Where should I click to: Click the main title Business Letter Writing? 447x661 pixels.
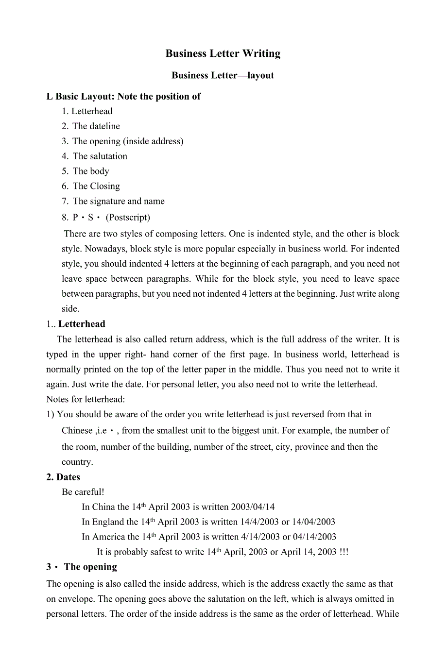223,53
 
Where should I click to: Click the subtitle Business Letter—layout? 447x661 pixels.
223,75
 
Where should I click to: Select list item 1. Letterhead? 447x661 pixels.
87,111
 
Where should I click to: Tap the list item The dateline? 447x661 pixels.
96,126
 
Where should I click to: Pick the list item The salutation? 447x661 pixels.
100,156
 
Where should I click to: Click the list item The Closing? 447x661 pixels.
96,186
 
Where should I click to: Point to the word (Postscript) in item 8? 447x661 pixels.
128,217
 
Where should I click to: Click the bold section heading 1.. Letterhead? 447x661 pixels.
76,324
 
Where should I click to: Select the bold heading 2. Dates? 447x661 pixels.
63,477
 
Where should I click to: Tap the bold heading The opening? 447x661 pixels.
90,567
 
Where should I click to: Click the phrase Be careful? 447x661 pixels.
83,492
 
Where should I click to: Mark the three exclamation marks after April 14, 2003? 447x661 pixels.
344,552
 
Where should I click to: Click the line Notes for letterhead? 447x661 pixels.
86,399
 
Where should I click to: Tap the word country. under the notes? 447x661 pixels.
77,462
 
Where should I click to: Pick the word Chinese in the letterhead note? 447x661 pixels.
77,430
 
